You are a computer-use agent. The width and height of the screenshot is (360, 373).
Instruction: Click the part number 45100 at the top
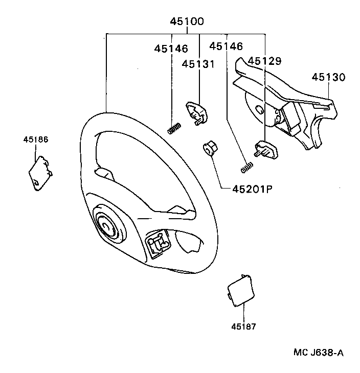(x=187, y=21)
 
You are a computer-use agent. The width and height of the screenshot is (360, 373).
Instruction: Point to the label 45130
(x=328, y=78)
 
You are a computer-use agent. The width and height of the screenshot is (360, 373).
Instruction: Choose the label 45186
(x=35, y=139)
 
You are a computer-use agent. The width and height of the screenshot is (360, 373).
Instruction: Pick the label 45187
(x=243, y=326)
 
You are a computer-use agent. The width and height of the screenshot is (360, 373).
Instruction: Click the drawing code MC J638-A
(x=318, y=353)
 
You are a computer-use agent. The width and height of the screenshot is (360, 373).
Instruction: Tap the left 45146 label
(x=171, y=49)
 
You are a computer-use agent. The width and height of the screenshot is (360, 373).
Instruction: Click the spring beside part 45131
(x=175, y=128)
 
